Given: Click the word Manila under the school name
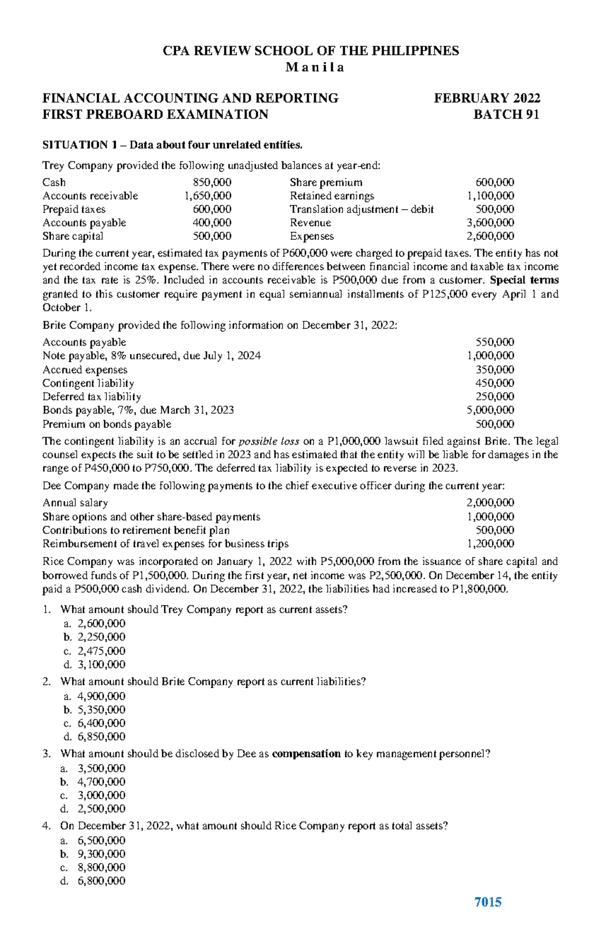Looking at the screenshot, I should point(315,68).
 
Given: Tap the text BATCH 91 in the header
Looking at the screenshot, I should point(506,115).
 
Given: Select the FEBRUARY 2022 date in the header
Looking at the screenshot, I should point(487,98).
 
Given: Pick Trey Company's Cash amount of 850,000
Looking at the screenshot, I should point(212,182).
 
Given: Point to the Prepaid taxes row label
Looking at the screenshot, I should point(74,209).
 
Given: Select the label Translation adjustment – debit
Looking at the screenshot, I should point(362,209).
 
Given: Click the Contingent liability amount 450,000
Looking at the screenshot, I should point(494,383).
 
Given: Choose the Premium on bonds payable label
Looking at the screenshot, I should point(107,424).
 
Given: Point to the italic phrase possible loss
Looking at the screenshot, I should point(269,442).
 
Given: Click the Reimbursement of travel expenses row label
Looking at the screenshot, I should point(165,544).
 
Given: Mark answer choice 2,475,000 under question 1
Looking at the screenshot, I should point(101,651).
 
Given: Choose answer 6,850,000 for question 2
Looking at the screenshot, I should point(101,737).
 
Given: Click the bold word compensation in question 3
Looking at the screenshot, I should point(306,754).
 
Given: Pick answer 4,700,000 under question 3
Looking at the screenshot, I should point(101,782).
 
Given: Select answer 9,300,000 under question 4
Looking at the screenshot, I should point(101,854).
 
